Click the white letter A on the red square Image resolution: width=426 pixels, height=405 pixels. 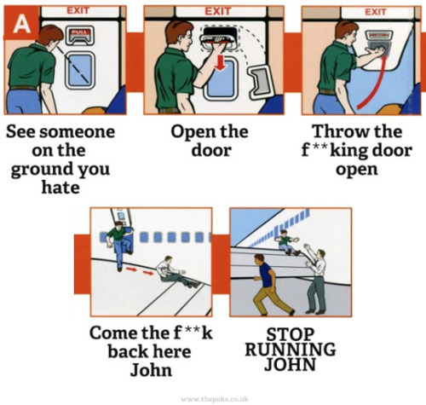pos(21,23)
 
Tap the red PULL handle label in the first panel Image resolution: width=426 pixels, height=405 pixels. pos(79,32)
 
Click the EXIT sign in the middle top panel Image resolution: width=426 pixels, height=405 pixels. pos(218,11)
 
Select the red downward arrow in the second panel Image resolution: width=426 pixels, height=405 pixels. pos(221,63)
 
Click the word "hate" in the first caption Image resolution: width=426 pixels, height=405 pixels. pos(60,188)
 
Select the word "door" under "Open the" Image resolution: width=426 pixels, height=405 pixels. pos(211,150)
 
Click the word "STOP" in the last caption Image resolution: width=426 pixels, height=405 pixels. pos(291,334)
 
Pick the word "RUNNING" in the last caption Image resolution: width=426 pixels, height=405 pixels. pos(291,350)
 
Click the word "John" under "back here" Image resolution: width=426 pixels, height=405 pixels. pos(151,370)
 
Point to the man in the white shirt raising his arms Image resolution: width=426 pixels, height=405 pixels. pos(316,279)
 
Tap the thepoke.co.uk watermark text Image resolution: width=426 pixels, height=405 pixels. pos(215,399)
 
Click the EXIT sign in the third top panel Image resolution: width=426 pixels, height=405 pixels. pos(376,12)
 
